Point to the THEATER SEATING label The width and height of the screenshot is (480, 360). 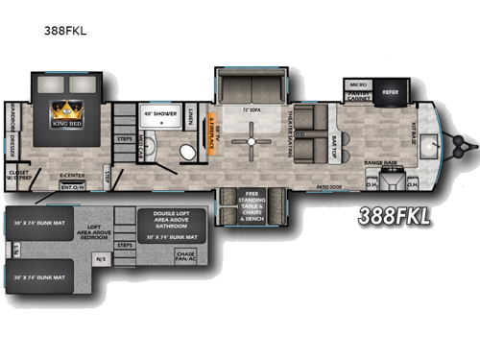[286, 133]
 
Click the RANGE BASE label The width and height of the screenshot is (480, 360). [381, 164]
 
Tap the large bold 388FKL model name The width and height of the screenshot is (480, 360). [394, 216]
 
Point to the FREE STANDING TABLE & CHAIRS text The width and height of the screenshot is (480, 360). [253, 204]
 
